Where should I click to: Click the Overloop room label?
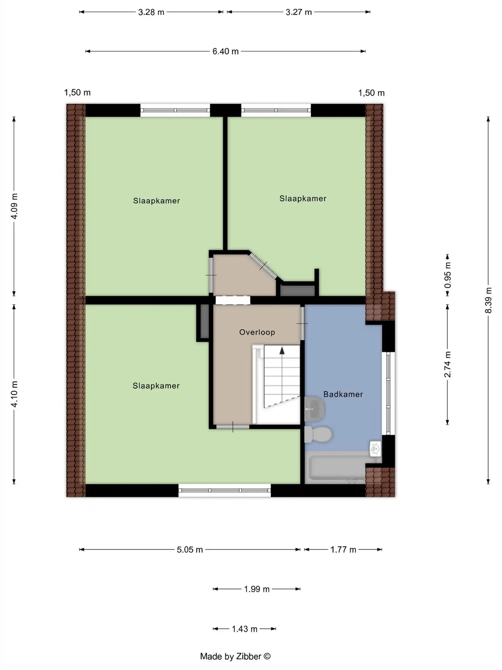pyautogui.click(x=257, y=332)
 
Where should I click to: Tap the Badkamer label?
pyautogui.click(x=343, y=394)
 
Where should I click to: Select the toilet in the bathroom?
pyautogui.click(x=320, y=434)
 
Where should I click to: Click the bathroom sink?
pyautogui.click(x=315, y=409)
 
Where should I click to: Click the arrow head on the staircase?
pyautogui.click(x=282, y=351)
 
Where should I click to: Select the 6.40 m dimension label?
pyautogui.click(x=225, y=51)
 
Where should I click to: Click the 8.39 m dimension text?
pyautogui.click(x=488, y=300)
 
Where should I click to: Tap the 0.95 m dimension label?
pyautogui.click(x=448, y=275)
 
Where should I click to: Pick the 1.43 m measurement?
pyautogui.click(x=244, y=629)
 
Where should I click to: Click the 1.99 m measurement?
pyautogui.click(x=257, y=589)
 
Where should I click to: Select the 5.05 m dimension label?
pyautogui.click(x=190, y=550)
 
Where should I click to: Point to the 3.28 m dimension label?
pyautogui.click(x=151, y=12)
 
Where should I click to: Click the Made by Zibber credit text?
pyautogui.click(x=235, y=656)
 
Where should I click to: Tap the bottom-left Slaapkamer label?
pyautogui.click(x=156, y=386)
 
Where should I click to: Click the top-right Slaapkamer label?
pyautogui.click(x=303, y=199)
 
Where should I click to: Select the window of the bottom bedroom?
pyautogui.click(x=224, y=490)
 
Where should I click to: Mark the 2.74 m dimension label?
pyautogui.click(x=448, y=364)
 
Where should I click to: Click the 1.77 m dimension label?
pyautogui.click(x=343, y=550)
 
